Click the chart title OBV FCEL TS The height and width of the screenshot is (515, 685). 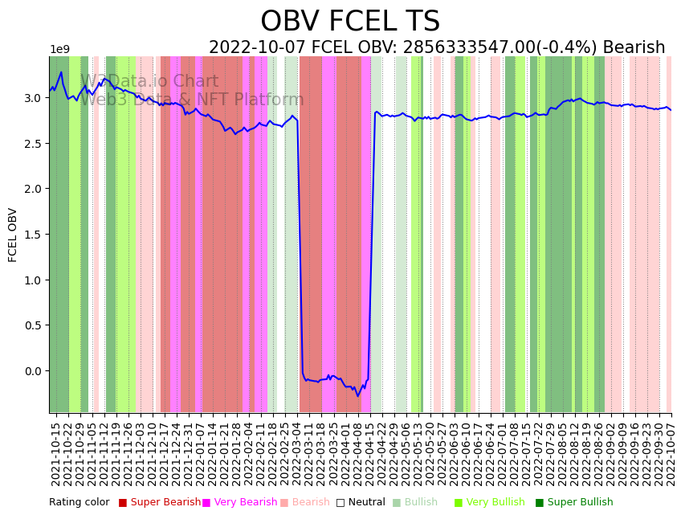[x=350, y=22]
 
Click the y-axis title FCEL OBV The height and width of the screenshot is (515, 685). [x=13, y=235]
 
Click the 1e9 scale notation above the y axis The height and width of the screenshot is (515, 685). [x=59, y=50]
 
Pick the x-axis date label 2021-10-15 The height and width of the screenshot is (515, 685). [x=55, y=453]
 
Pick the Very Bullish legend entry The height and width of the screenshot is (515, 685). [x=495, y=503]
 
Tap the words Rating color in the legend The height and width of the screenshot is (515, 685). [x=79, y=503]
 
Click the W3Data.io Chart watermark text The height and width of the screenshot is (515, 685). [x=149, y=82]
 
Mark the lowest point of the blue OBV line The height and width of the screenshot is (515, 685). [x=358, y=396]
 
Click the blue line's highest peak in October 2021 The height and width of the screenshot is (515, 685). [x=61, y=72]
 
